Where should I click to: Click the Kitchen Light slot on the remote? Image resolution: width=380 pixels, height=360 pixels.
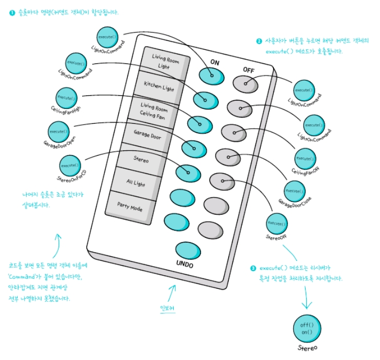[x=159, y=85]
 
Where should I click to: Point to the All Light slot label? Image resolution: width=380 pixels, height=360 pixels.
[x=136, y=183]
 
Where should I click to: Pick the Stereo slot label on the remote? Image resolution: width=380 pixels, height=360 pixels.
[x=141, y=159]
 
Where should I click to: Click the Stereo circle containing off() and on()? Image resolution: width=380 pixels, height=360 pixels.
[x=307, y=328]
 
